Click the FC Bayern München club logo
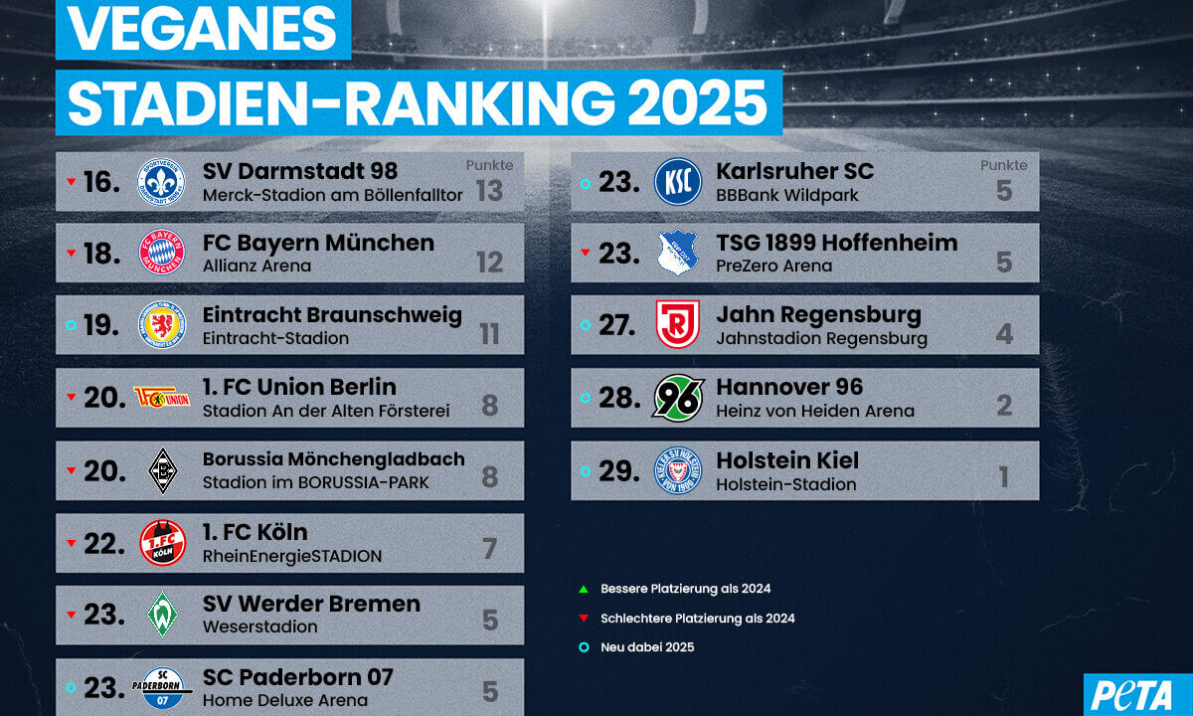click(161, 253)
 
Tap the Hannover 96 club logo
click(678, 397)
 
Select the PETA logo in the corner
click(1137, 695)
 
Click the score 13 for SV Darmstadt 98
click(488, 190)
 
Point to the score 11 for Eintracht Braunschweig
click(489, 334)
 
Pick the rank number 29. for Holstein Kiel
click(618, 469)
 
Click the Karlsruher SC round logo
click(678, 181)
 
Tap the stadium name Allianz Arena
click(256, 267)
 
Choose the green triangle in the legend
click(584, 589)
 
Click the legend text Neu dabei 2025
click(647, 647)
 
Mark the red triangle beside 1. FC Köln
click(71, 544)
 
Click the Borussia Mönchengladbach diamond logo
click(161, 470)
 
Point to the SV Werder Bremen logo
click(161, 614)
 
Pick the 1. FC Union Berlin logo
click(162, 398)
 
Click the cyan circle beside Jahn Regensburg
click(585, 326)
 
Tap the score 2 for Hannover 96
click(1003, 406)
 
